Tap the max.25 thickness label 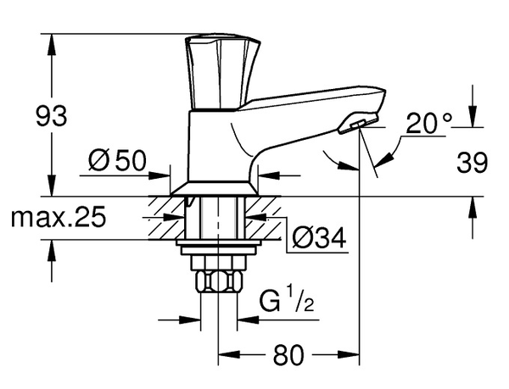(59, 218)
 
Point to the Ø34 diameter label (318, 240)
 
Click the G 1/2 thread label (285, 300)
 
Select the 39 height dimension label (473, 163)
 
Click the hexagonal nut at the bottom (220, 281)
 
